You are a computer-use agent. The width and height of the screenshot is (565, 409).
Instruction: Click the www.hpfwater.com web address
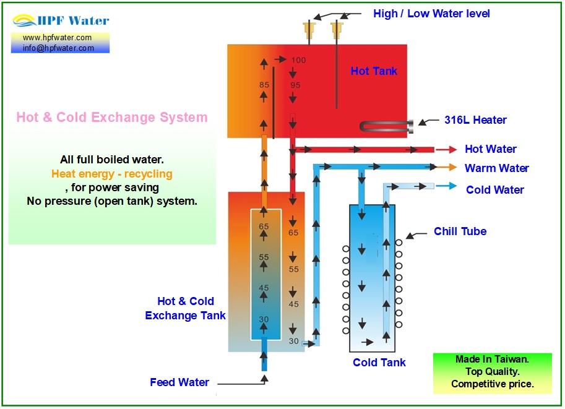click(x=58, y=38)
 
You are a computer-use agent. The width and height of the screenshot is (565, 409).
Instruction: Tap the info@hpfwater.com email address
click(x=58, y=48)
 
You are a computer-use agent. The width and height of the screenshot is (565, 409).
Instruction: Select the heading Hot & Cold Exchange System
click(x=112, y=117)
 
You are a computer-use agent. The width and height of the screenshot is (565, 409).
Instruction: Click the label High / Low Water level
click(x=431, y=13)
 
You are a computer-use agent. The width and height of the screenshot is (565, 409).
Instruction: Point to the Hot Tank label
click(x=374, y=71)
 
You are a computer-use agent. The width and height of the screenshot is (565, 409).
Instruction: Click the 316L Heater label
click(x=475, y=120)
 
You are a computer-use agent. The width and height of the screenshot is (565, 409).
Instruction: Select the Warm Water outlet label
click(x=496, y=168)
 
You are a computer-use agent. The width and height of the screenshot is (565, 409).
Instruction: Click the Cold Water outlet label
click(x=494, y=190)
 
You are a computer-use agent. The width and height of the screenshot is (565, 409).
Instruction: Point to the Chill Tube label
click(x=460, y=231)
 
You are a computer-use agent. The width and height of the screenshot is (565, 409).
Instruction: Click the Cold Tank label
click(x=379, y=363)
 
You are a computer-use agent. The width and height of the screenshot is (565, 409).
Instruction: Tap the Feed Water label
click(x=179, y=382)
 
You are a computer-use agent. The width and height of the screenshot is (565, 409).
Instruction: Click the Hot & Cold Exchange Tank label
click(x=185, y=308)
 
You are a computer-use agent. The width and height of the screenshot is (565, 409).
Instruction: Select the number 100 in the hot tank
click(x=299, y=60)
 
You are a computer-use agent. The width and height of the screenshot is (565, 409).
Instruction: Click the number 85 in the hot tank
click(x=264, y=85)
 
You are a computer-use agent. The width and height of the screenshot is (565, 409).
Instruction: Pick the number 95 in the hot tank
click(x=295, y=85)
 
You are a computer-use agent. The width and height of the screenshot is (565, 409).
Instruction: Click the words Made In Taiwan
click(x=492, y=359)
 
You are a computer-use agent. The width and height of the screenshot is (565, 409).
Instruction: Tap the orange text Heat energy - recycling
click(x=112, y=174)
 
